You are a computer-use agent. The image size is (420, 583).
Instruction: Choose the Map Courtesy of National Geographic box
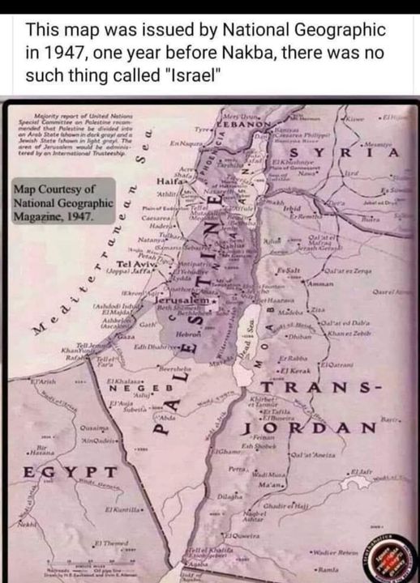click(62, 203)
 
